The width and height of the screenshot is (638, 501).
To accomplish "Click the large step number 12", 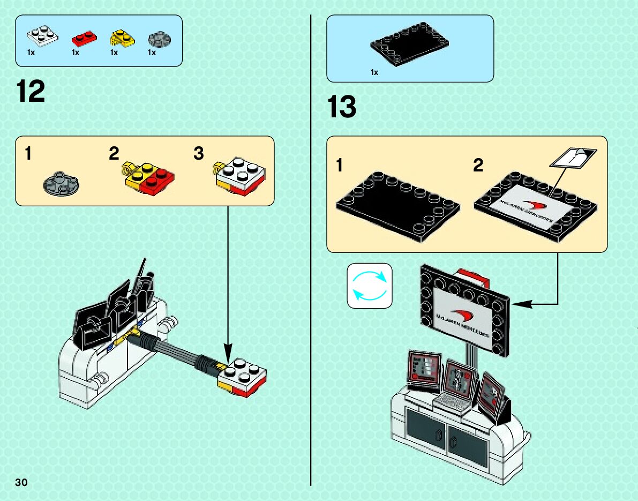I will click(x=31, y=92).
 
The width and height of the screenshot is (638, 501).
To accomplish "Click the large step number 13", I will click(x=342, y=107).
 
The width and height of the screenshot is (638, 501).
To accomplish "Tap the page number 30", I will click(x=21, y=482).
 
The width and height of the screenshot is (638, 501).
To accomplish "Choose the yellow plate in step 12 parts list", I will click(x=121, y=38).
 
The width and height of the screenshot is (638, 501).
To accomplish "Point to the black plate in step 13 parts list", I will click(x=409, y=45).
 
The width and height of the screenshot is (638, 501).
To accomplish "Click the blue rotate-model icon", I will click(x=370, y=286).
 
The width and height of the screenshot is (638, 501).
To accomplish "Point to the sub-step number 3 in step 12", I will click(x=199, y=154).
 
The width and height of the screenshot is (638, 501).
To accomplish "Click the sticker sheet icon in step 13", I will click(x=573, y=157).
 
